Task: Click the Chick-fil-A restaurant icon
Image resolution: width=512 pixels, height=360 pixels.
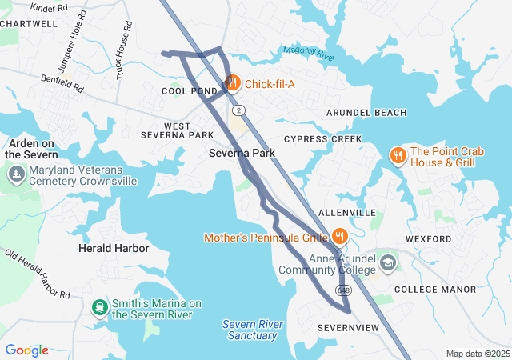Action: pos(233,82)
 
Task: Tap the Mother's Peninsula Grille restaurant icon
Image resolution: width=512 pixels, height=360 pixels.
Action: pos(340,237)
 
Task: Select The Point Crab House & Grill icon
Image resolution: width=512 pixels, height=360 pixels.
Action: pos(398,156)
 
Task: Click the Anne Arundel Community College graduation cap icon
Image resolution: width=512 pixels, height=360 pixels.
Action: pos(388,262)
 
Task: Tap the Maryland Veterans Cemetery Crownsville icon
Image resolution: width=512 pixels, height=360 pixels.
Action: pos(15,174)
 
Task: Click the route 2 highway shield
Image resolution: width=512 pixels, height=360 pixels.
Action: pos(239,110)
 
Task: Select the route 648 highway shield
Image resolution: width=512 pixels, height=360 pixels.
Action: pos(343,289)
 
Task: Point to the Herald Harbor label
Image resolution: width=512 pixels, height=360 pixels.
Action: pos(114,249)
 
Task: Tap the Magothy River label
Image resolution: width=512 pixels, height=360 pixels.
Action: pos(308,53)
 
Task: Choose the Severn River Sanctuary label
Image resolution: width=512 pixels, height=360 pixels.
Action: pos(253,330)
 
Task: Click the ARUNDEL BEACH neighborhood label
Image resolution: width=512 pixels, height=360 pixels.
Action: pos(366,113)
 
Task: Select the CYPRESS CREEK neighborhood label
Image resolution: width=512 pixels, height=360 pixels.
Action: pos(322,139)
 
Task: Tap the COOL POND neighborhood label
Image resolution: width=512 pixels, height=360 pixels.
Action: pos(190,91)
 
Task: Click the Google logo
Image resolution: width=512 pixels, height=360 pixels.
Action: pos(26,350)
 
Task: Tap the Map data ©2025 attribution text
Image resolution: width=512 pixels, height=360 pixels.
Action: pos(477,354)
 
